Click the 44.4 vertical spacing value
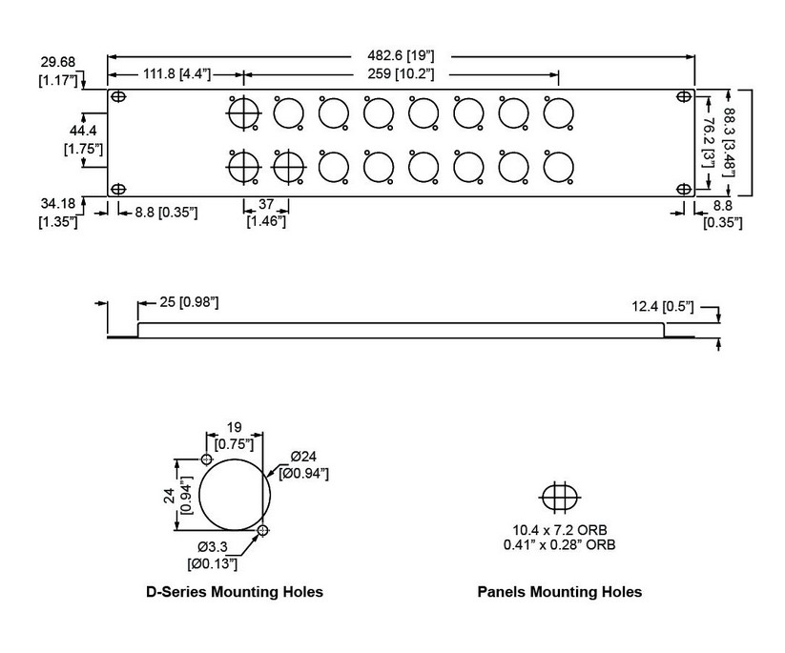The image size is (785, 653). (82, 130)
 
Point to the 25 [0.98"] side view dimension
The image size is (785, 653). (183, 302)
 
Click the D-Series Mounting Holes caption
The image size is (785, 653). (234, 592)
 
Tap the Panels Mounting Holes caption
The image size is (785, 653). (559, 592)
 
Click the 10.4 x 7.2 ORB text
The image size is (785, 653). (558, 530)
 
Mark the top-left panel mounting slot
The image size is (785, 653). (118, 97)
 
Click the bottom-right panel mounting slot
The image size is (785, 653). (684, 188)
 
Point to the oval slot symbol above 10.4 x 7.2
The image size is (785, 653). (558, 497)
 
